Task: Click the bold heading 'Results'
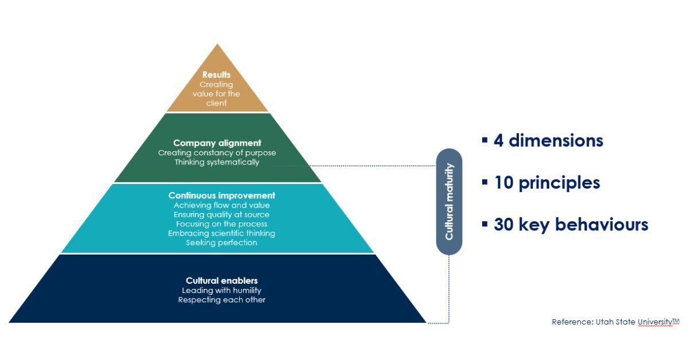coord(217,75)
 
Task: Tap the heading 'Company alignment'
coord(217,143)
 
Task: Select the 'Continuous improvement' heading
coord(222,195)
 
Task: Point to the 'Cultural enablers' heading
coord(222,280)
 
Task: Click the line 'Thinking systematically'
coord(217,162)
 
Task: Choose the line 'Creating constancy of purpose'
coord(217,152)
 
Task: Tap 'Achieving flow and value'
coord(222,205)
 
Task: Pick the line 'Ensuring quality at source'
coord(222,214)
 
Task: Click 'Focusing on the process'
coord(222,224)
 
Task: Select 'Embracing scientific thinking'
coord(222,233)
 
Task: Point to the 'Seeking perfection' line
coord(222,242)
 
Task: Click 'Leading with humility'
coord(222,290)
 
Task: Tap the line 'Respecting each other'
coord(222,299)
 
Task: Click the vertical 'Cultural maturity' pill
coord(449,202)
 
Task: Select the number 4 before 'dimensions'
coord(498,140)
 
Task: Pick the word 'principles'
coord(560,183)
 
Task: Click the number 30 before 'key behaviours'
coord(504,225)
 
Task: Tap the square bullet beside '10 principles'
coord(485,182)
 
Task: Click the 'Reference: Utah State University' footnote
coord(616,322)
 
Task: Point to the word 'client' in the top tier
coord(217,103)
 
